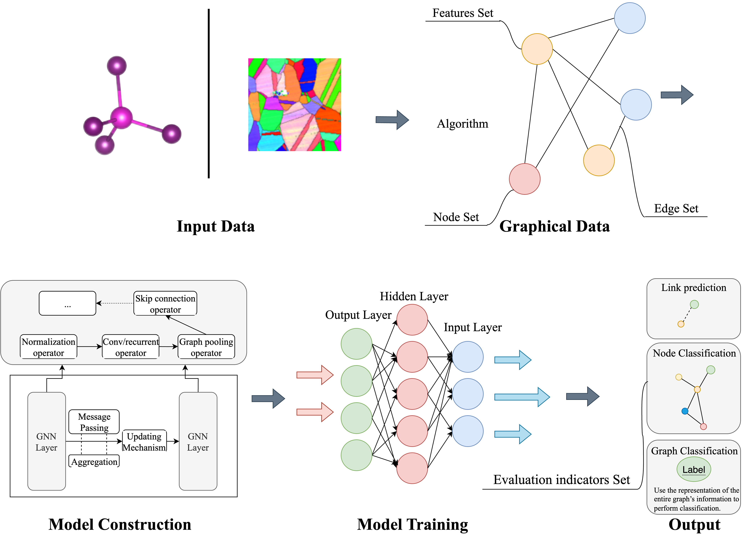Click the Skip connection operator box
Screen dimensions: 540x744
click(x=165, y=304)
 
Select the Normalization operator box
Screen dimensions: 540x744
click(x=49, y=347)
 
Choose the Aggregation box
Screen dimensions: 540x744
click(x=94, y=461)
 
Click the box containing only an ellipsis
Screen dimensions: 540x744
click(x=67, y=304)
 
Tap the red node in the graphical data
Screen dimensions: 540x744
click(x=525, y=179)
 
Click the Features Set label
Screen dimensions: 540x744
click(x=463, y=13)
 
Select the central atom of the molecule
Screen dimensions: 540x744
click(x=121, y=118)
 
